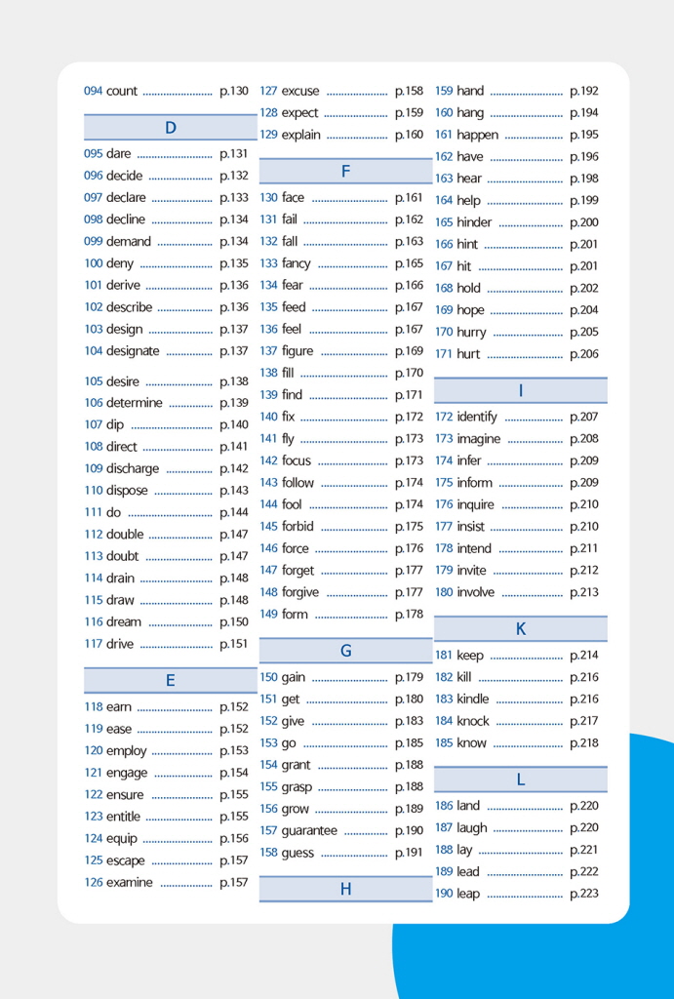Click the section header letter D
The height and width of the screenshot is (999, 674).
tap(171, 128)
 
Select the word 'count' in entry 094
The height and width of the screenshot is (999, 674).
tap(122, 91)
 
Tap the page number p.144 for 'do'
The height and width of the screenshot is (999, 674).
tap(234, 512)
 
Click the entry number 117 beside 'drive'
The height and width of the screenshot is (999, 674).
tap(94, 644)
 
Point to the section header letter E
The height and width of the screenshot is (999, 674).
tap(171, 681)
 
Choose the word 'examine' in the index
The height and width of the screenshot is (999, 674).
tap(130, 883)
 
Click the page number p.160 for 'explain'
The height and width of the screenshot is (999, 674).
tap(409, 135)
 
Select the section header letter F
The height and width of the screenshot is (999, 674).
tap(345, 172)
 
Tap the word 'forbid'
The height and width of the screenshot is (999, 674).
tap(297, 527)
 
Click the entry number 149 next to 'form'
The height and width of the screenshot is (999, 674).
tap(268, 615)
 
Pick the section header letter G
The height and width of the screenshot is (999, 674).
tap(345, 651)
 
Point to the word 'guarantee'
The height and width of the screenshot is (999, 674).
tap(309, 831)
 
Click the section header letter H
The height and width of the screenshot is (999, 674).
tap(345, 889)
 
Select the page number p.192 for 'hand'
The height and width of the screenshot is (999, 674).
tap(584, 91)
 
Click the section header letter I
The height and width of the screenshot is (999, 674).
tap(521, 390)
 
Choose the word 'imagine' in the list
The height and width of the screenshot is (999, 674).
tap(478, 439)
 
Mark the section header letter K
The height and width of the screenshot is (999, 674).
tap(521, 629)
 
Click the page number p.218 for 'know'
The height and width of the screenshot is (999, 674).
tap(584, 743)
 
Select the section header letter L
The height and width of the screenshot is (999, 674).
tap(521, 779)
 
